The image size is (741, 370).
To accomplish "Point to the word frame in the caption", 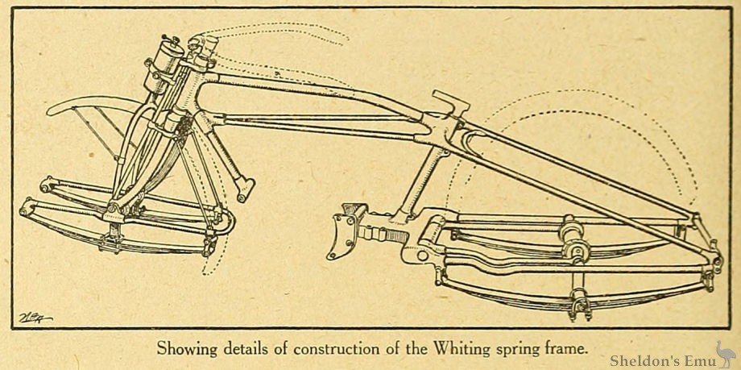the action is tap(565, 349).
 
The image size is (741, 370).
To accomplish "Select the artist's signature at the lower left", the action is tap(35, 318).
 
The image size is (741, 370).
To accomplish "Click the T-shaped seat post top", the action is tap(450, 103).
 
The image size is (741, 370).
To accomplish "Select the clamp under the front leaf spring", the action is tap(113, 239).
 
